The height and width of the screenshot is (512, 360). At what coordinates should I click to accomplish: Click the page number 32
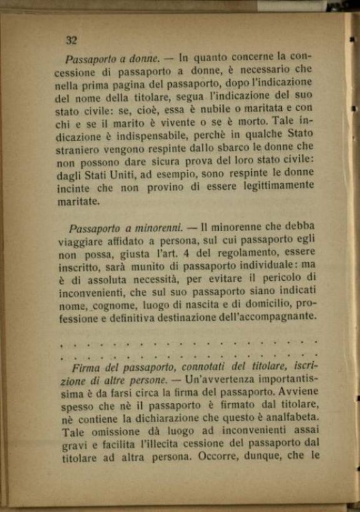coord(71,41)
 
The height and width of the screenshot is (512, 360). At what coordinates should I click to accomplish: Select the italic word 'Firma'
coord(87,367)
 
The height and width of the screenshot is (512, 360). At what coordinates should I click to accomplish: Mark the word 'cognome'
coord(114,305)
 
